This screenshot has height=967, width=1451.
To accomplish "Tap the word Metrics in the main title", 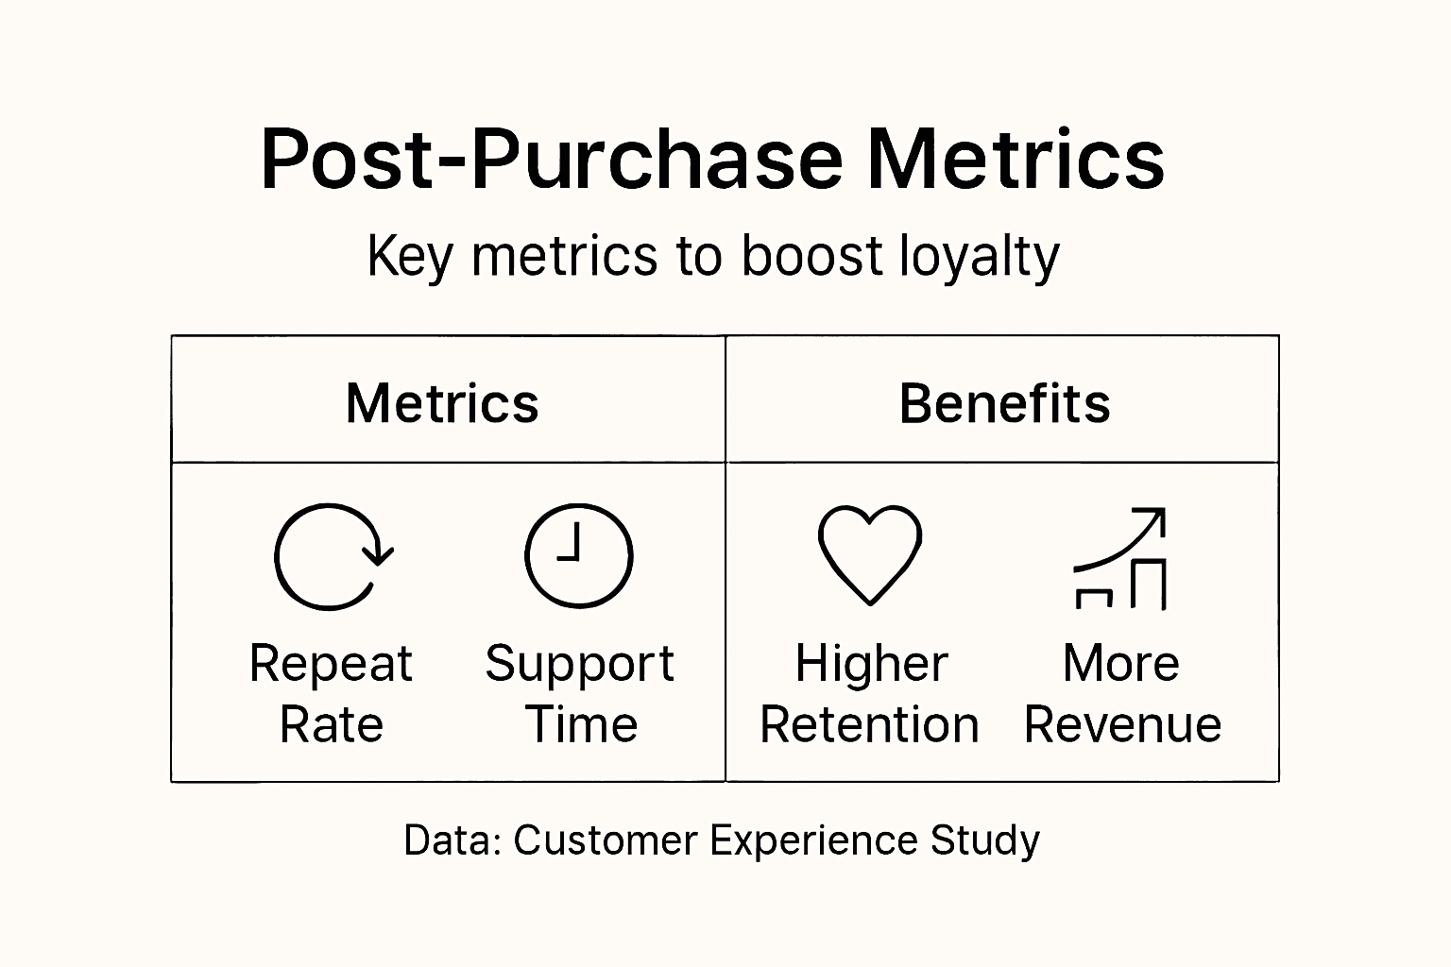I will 1016,159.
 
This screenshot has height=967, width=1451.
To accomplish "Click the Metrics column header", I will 442,403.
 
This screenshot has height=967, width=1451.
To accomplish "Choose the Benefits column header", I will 1004,403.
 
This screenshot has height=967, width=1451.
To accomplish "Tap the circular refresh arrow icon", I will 331,556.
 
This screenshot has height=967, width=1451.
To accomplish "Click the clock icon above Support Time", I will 578,555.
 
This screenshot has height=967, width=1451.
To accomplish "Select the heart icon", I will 869,553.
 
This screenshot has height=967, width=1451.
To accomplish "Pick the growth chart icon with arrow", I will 1121,558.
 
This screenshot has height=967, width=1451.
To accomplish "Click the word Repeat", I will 331,665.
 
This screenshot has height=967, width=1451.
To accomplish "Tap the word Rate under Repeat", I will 332,725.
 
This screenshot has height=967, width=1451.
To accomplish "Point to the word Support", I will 579,665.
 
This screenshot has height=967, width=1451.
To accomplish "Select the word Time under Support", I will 581,725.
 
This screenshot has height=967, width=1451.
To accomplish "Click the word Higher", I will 871,663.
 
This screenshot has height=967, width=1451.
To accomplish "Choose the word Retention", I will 869,725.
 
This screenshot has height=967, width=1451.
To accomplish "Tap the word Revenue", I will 1122,725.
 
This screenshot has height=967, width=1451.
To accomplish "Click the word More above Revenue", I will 1121,663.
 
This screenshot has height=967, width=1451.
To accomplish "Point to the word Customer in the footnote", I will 606,840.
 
